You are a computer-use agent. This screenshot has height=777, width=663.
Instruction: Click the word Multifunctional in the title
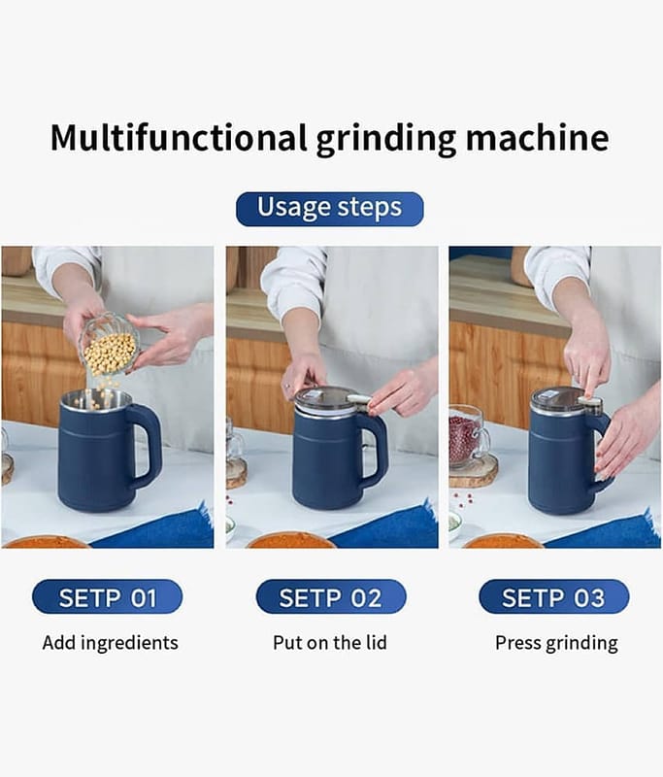pos(179,137)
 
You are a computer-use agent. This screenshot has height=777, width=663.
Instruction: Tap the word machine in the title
pos(537,137)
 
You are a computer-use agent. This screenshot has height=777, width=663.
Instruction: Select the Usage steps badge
pos(330,209)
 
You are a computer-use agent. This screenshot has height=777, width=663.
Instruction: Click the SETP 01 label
pos(108,596)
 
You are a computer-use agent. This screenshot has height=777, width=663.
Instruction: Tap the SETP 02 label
pos(331,596)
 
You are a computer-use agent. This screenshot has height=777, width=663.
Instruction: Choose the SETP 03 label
pos(554,596)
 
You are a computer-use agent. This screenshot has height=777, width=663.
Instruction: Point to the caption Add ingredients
pos(110,643)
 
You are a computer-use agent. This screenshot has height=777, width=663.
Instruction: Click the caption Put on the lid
pos(330,643)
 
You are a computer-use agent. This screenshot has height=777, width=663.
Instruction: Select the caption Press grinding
pos(556,643)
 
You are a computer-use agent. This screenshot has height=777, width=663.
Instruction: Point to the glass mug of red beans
pos(469,436)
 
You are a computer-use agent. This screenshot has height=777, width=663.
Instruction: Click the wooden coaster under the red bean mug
pos(474,471)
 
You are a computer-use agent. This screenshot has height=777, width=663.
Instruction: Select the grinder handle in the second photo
pos(377,450)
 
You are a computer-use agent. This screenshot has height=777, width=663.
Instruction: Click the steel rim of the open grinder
pos(96,399)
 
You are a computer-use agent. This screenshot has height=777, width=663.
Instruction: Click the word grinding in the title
pos(386,139)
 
